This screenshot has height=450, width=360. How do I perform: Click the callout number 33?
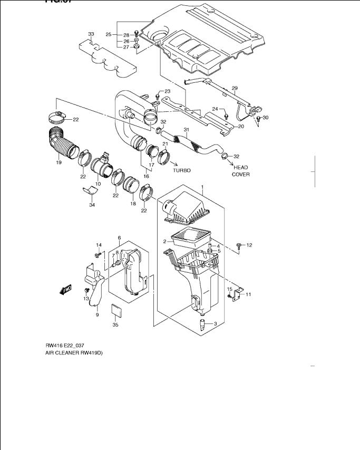tap(91, 34)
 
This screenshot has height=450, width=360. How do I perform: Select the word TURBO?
tap(181, 171)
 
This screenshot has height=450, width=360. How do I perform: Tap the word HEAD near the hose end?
tap(240, 167)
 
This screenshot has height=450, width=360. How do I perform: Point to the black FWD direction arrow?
tap(66, 289)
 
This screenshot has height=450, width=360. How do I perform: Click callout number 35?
tap(115, 325)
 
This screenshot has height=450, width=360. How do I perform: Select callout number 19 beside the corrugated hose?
tap(59, 162)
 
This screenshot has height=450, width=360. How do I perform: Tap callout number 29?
tap(235, 88)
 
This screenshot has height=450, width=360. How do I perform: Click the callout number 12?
tap(249, 245)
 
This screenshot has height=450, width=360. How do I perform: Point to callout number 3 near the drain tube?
tap(215, 323)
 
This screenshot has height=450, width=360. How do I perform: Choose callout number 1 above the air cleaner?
tap(202, 188)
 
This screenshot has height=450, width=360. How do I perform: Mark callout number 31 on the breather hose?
tap(186, 130)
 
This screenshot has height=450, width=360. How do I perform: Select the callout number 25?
tap(108, 35)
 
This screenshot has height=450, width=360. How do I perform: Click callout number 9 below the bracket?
tap(97, 315)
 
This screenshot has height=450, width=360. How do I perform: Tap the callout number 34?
tap(92, 205)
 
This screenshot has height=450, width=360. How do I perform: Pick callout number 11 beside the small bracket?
tap(248, 294)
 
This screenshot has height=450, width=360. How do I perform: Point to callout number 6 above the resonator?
tap(119, 238)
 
